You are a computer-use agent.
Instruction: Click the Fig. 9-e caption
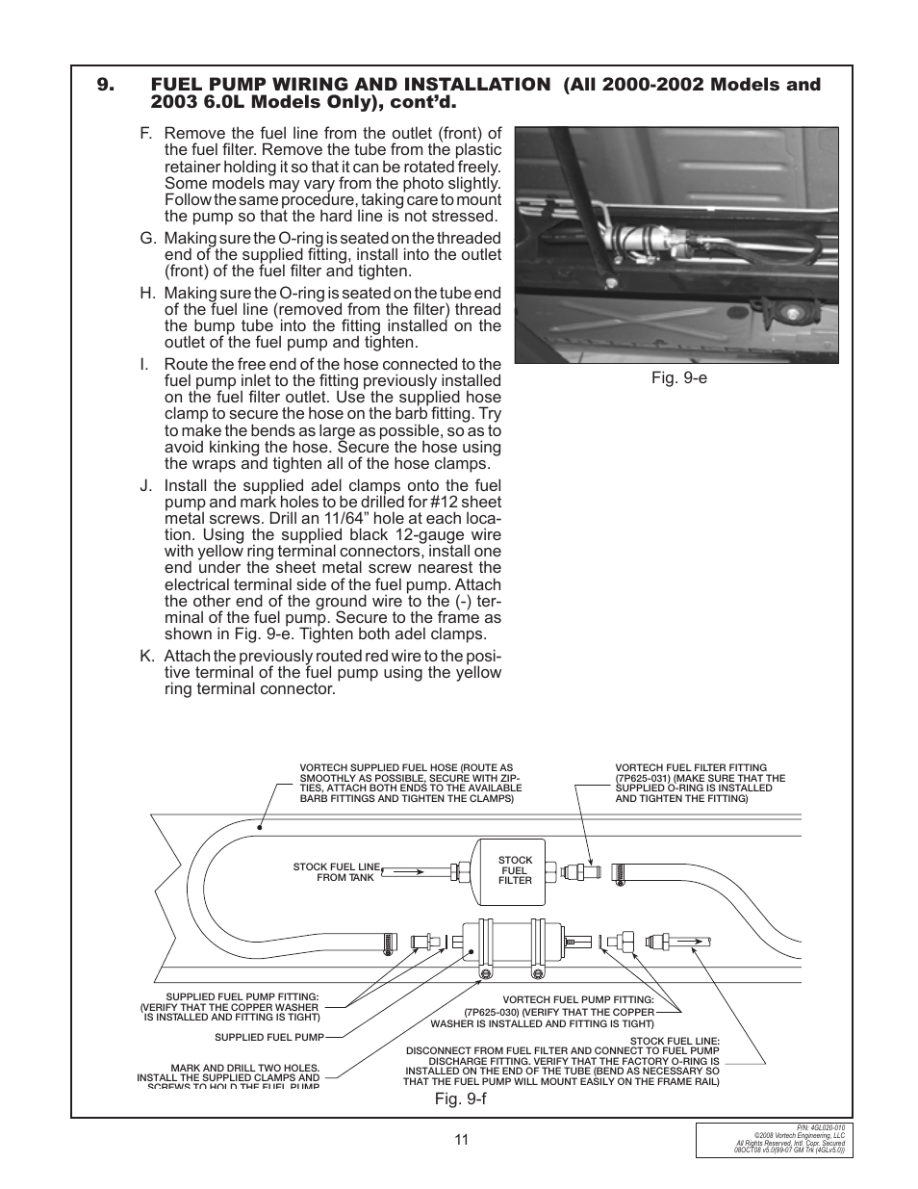point(678,377)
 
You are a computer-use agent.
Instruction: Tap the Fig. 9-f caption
point(460,1099)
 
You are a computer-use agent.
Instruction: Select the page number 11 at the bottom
point(461,1140)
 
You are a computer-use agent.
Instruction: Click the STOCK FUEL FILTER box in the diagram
point(515,870)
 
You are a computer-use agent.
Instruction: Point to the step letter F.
point(145,134)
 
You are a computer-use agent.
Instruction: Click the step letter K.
point(146,657)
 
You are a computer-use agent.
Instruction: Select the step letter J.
point(146,486)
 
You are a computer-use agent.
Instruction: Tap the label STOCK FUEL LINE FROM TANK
point(336,872)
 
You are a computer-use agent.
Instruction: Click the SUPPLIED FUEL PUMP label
point(268,1037)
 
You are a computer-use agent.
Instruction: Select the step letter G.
point(146,239)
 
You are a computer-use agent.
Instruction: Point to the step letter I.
point(144,365)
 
